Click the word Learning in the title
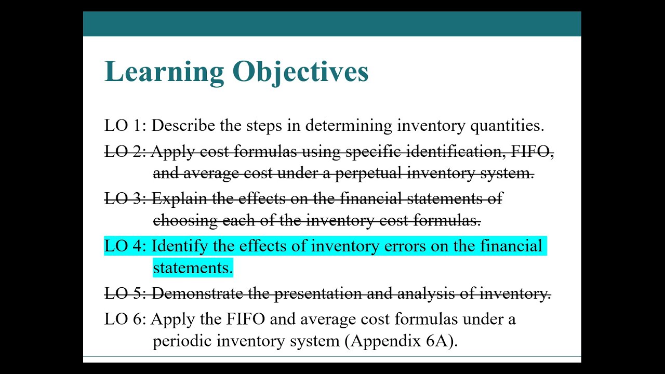[164, 72]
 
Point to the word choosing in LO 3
[185, 221]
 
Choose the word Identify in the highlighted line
[179, 246]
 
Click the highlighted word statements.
[192, 268]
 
